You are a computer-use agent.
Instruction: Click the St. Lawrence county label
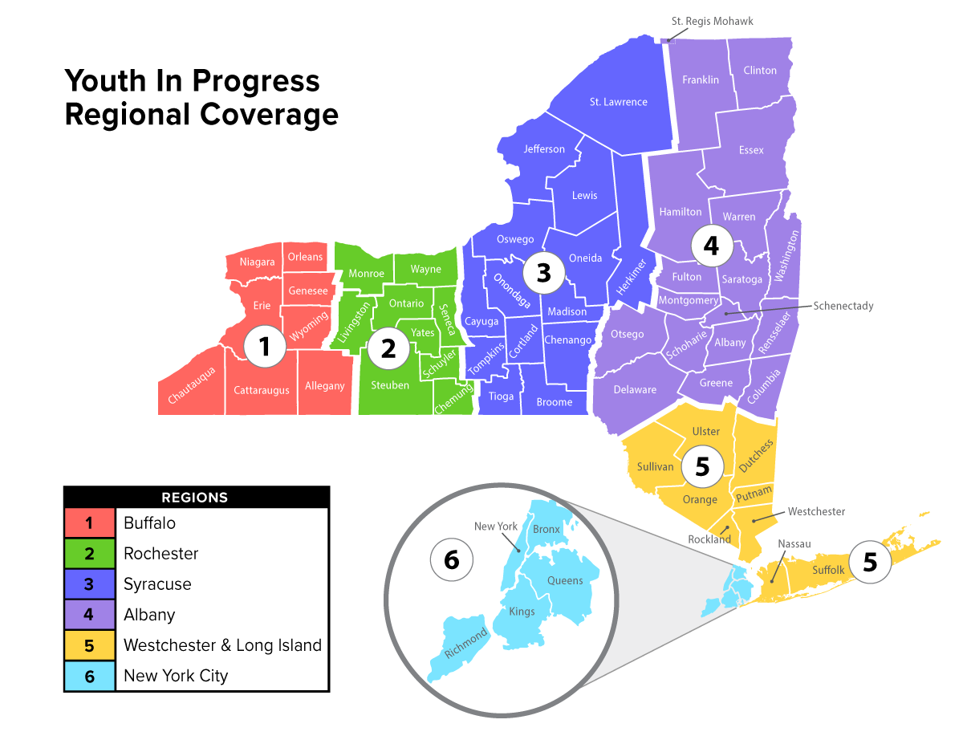pyautogui.click(x=618, y=102)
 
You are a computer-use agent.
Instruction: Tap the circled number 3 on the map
pyautogui.click(x=543, y=273)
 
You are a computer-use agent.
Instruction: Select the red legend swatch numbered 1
pyautogui.click(x=89, y=523)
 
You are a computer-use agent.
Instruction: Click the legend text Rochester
pyautogui.click(x=160, y=554)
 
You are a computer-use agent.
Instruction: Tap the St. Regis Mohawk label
pyautogui.click(x=712, y=21)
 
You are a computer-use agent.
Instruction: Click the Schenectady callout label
pyautogui.click(x=843, y=306)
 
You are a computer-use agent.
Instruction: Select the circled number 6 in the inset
pyautogui.click(x=451, y=559)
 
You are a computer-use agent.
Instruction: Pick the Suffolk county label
pyautogui.click(x=828, y=570)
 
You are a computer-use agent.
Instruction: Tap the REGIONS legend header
pyautogui.click(x=195, y=498)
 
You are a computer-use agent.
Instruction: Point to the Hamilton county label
pyautogui.click(x=680, y=212)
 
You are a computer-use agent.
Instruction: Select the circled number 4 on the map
pyautogui.click(x=711, y=246)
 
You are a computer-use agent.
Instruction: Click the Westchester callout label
pyautogui.click(x=816, y=511)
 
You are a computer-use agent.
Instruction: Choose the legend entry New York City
pyautogui.click(x=176, y=676)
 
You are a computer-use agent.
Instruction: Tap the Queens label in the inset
pyautogui.click(x=565, y=580)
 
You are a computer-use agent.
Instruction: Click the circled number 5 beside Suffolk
pyautogui.click(x=870, y=562)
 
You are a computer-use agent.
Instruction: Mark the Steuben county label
pyautogui.click(x=390, y=385)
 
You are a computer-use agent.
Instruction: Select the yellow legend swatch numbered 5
pyautogui.click(x=89, y=645)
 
